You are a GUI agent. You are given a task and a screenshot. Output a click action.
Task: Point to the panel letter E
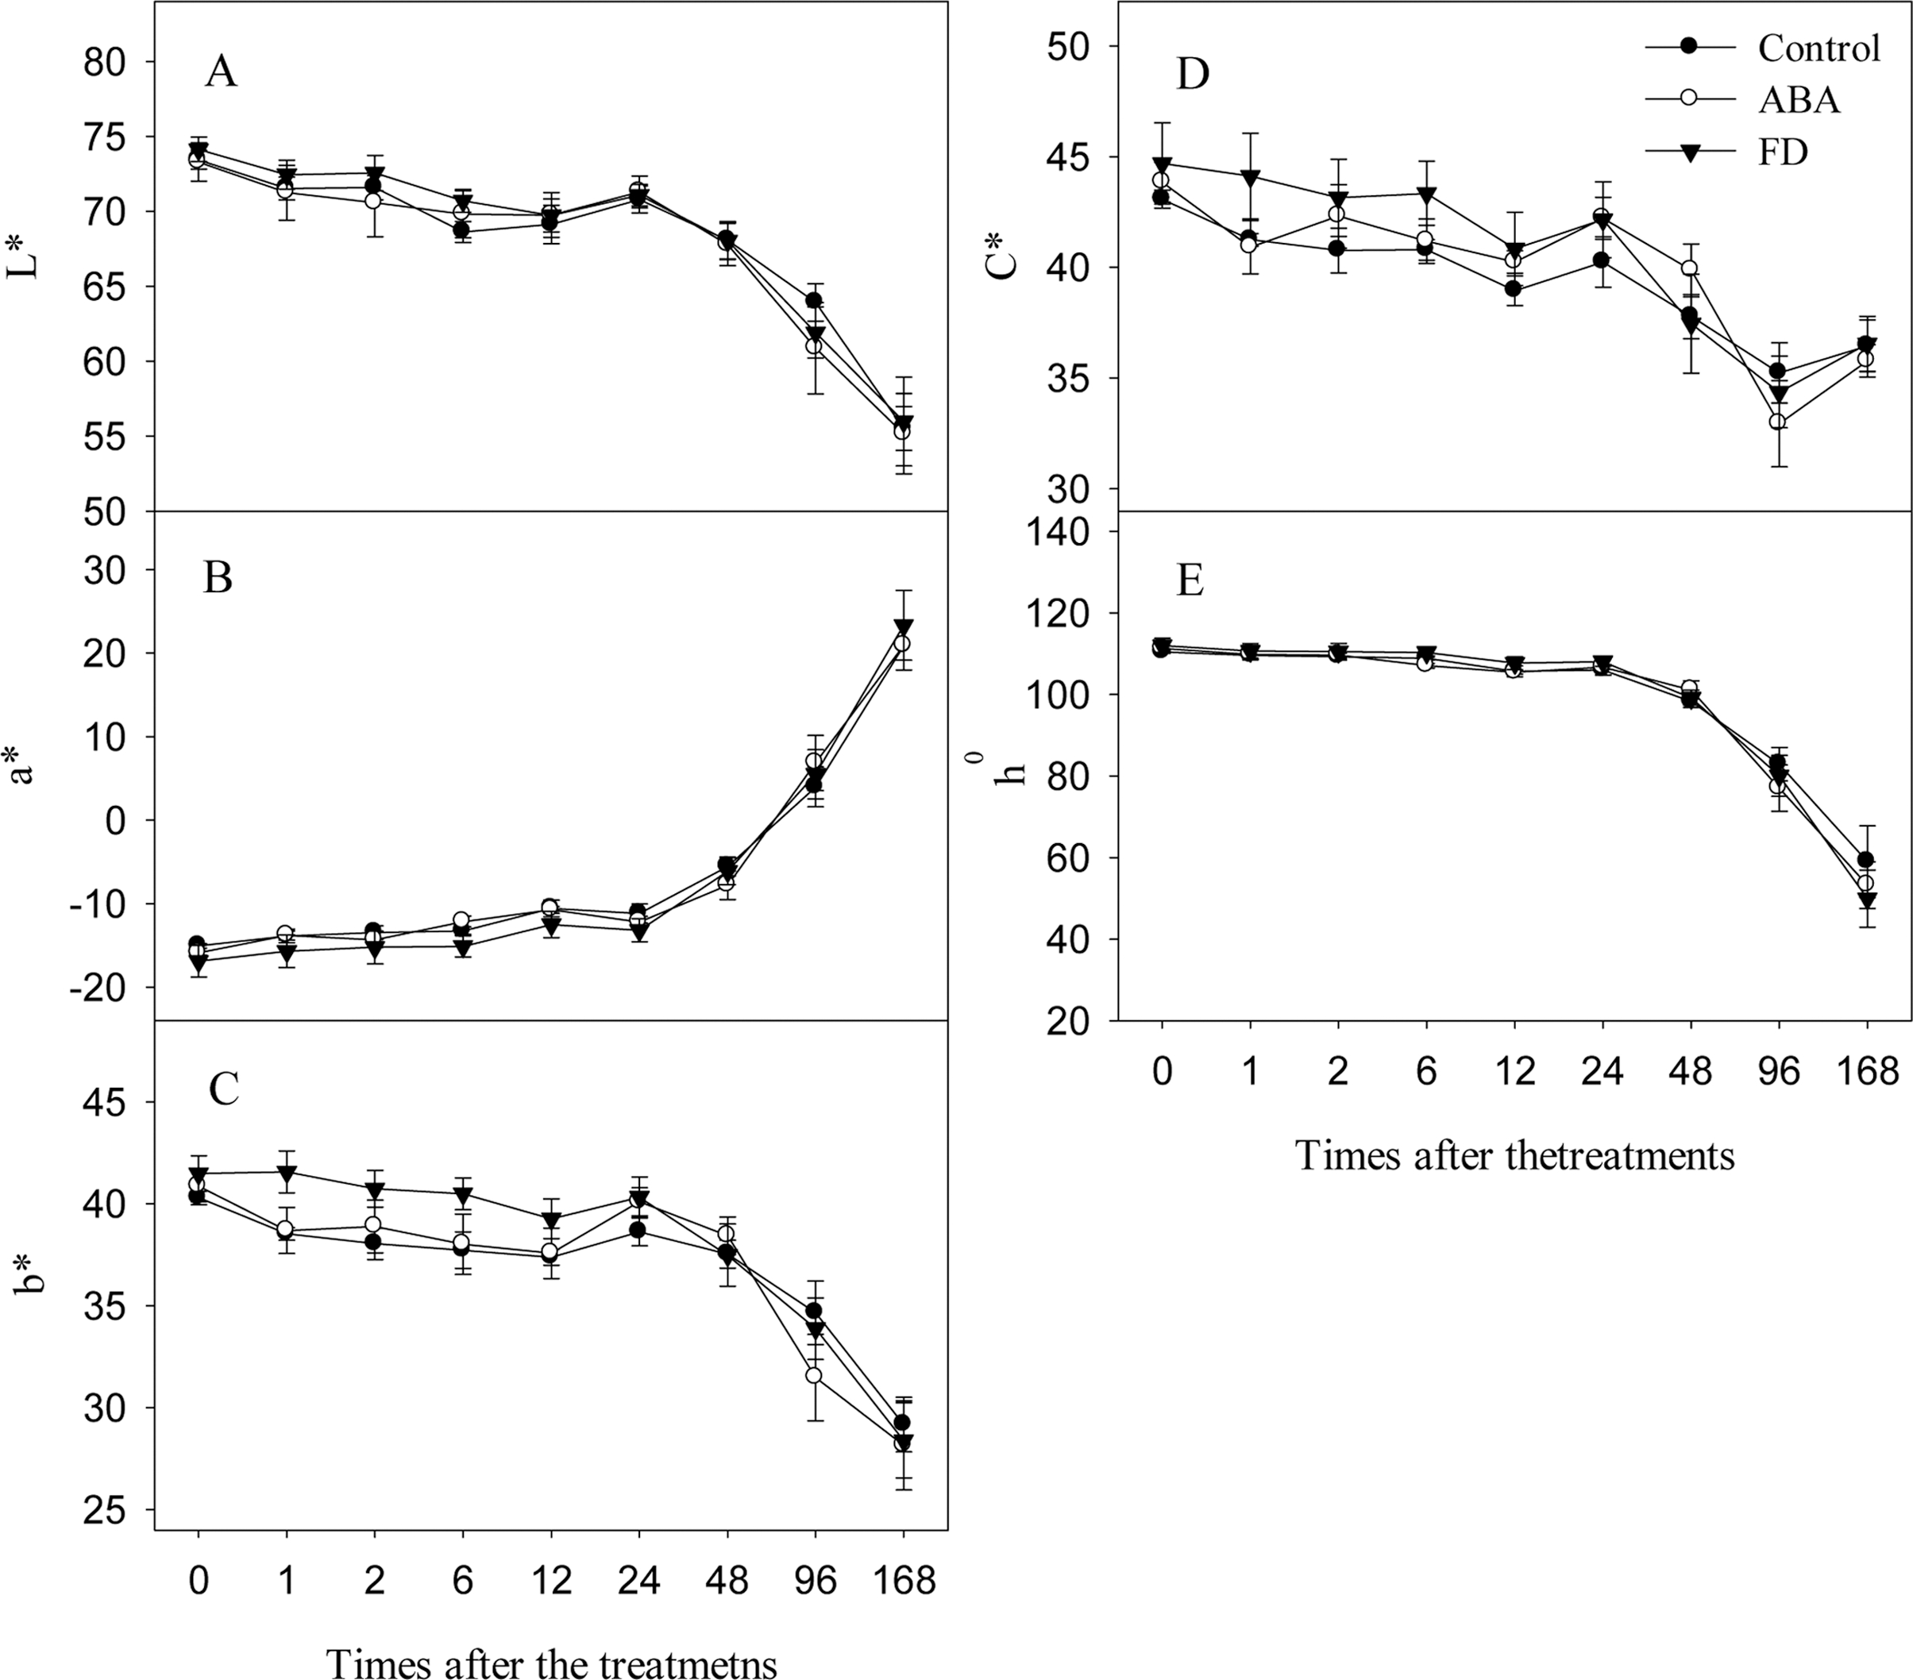pos(1190,580)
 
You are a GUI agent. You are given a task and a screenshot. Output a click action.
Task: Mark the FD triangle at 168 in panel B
pos(903,627)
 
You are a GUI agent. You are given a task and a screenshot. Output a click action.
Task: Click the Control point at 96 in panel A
pos(814,300)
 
